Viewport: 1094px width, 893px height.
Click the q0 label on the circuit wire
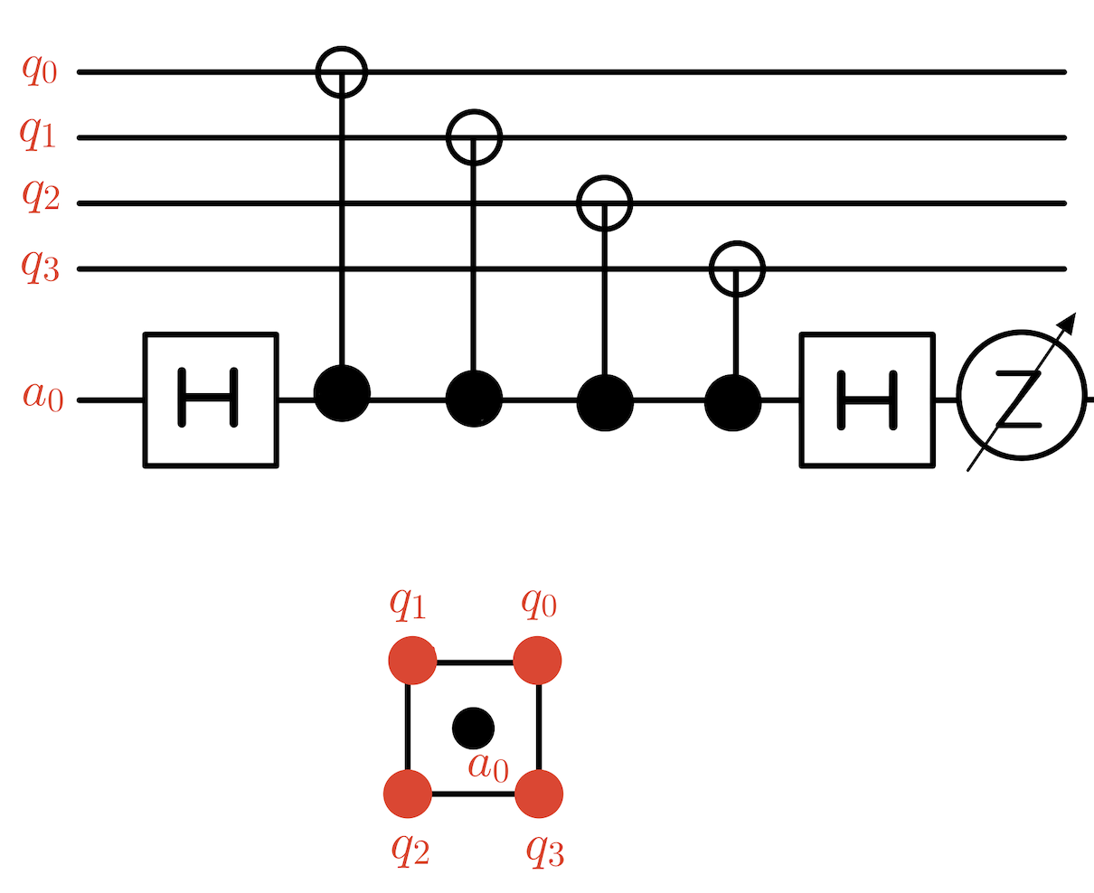(x=38, y=70)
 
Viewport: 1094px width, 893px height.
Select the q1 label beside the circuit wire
(x=38, y=136)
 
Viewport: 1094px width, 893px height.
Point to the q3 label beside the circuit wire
(x=38, y=268)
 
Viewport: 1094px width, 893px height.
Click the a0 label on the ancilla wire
(x=42, y=399)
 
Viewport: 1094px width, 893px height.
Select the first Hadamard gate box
(x=211, y=399)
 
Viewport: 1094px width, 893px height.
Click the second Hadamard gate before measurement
(x=865, y=399)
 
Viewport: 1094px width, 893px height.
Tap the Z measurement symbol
(x=1021, y=399)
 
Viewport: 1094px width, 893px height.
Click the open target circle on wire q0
(x=342, y=71)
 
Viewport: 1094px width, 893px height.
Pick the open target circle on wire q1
(x=474, y=137)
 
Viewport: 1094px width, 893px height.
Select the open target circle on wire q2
(x=605, y=203)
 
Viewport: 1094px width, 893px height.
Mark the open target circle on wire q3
(x=737, y=268)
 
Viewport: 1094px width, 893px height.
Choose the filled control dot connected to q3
(x=734, y=399)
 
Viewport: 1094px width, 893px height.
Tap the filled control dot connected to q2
(x=605, y=399)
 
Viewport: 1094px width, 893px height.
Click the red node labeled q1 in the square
(x=412, y=661)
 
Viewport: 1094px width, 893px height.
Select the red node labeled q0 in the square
(x=539, y=661)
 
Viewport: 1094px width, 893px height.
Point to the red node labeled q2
(x=409, y=794)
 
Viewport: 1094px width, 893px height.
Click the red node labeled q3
(x=540, y=794)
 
